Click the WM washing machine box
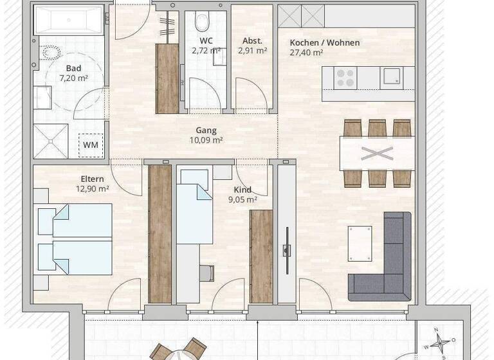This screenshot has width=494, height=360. tap(91, 144)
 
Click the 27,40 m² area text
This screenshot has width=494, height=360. tap(306, 53)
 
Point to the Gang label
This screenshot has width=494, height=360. tap(206, 130)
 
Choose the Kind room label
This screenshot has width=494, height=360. tap(243, 190)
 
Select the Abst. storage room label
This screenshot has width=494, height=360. tap(252, 40)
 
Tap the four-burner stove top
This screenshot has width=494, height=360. tap(346, 77)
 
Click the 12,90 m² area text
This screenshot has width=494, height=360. tap(93, 189)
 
